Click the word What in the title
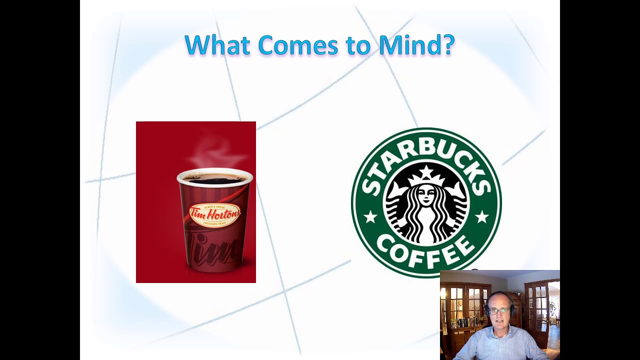[x=217, y=45]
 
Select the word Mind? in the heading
[x=416, y=45]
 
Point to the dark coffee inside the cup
[x=215, y=178]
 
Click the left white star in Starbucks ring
[x=370, y=217]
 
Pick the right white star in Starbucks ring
[x=481, y=217]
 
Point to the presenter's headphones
[x=487, y=308]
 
